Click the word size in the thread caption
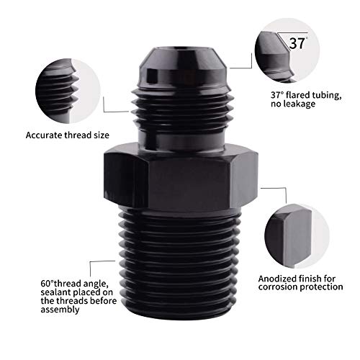pos(107,135)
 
